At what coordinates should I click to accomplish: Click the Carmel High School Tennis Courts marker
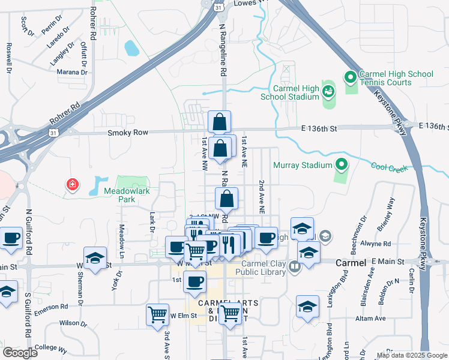tap(350, 77)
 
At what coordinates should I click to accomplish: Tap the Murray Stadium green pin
tap(342, 164)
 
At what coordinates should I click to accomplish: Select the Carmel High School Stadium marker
tap(328, 91)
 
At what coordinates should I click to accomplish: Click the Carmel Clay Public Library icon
tap(294, 266)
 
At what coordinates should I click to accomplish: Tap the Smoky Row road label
tap(124, 133)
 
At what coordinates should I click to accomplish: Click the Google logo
tap(20, 353)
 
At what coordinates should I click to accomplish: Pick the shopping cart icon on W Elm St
tap(157, 314)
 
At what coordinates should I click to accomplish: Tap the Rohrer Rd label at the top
tap(93, 23)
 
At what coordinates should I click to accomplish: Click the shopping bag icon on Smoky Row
tap(220, 122)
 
